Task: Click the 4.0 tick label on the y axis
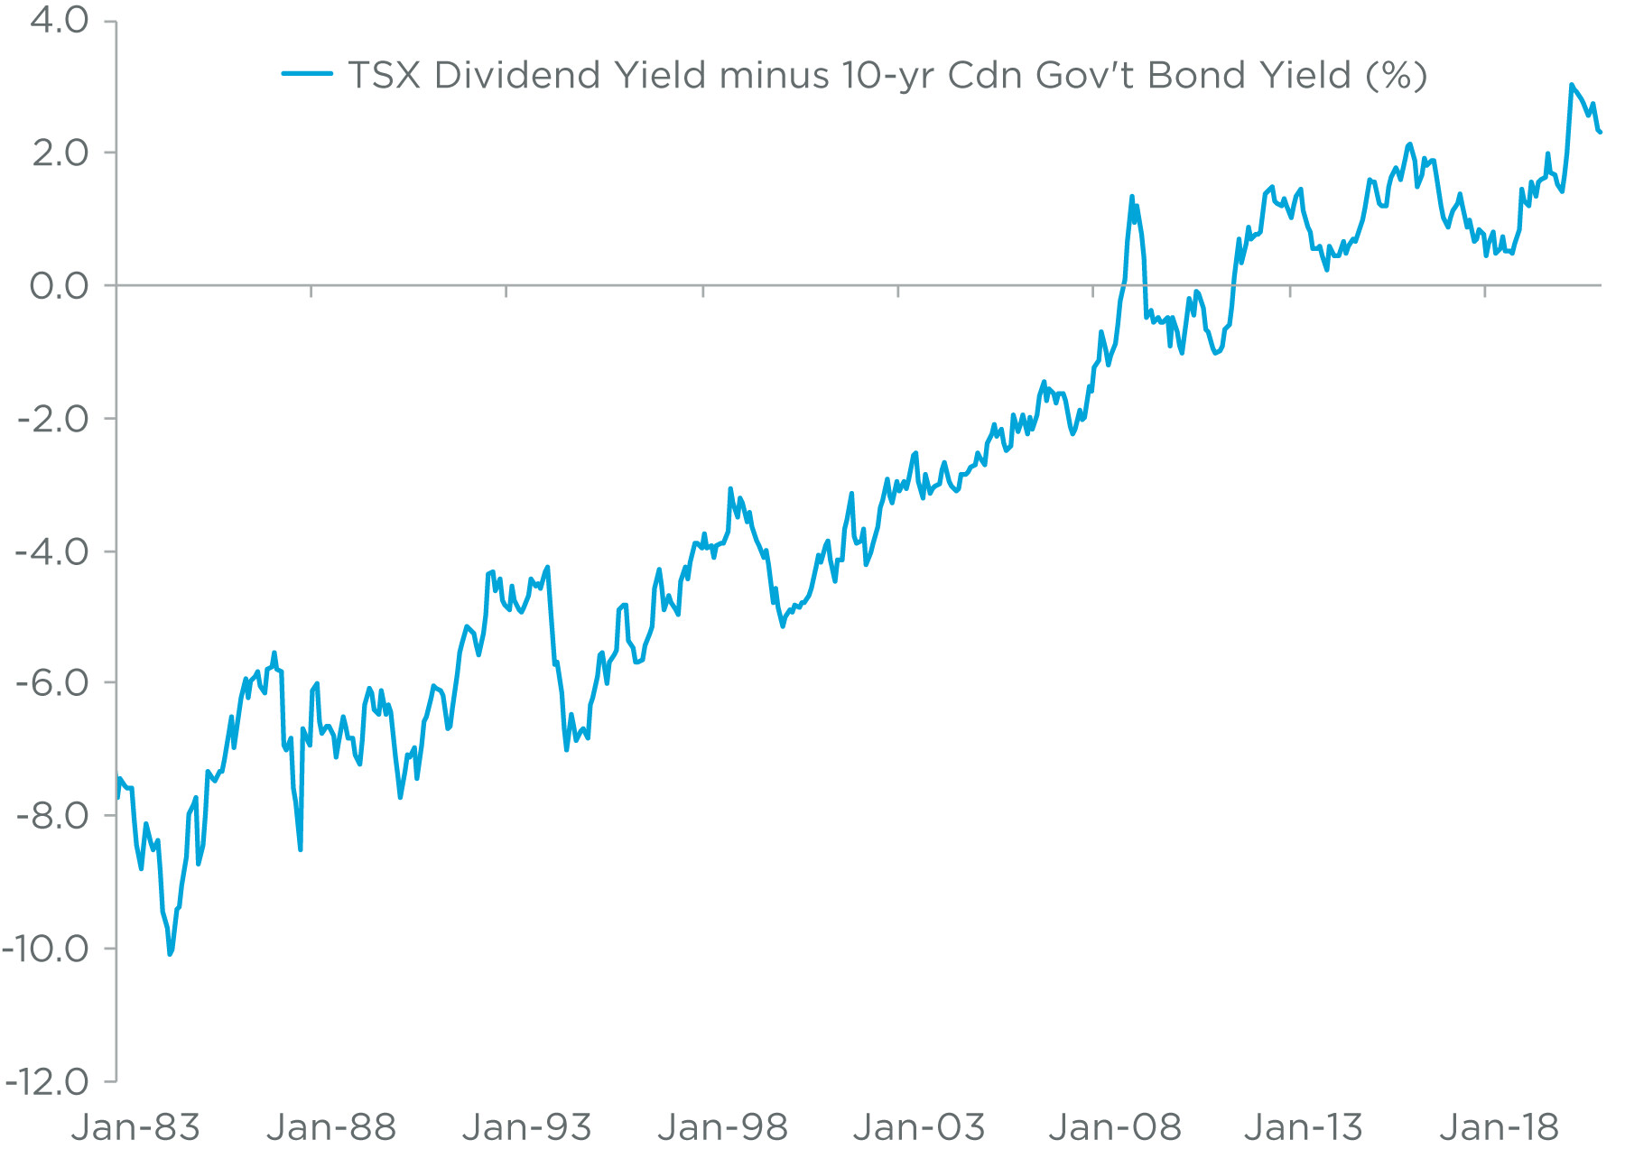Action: tap(60, 20)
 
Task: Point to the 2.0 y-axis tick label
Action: tap(60, 153)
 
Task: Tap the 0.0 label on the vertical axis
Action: tap(60, 286)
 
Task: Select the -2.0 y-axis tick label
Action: tap(52, 419)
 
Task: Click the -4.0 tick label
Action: tap(52, 551)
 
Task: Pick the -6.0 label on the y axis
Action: tap(52, 682)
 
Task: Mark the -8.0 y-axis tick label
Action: tap(52, 815)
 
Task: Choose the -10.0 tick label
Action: tap(45, 948)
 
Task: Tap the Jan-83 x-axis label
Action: tap(135, 1127)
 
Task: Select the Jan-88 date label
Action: tap(331, 1127)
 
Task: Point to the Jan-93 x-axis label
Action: tap(526, 1127)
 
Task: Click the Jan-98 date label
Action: tap(722, 1127)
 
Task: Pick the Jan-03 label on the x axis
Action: tap(918, 1127)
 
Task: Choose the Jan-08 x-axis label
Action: tap(1114, 1127)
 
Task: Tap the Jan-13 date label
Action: tap(1303, 1127)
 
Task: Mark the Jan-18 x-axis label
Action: tap(1499, 1127)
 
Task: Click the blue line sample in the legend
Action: tap(307, 74)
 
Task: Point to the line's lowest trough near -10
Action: tap(170, 953)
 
